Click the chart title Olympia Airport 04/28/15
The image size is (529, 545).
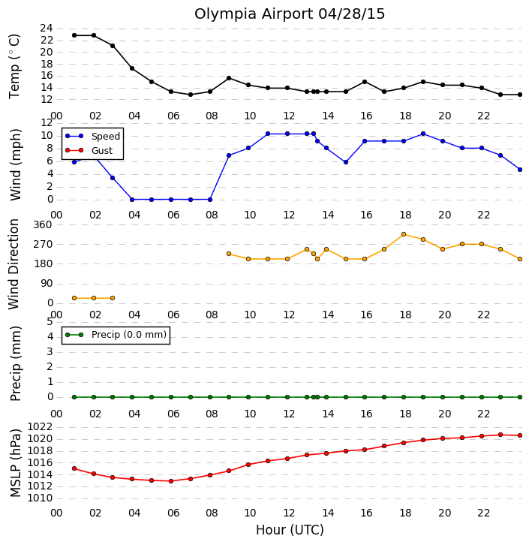[290, 14]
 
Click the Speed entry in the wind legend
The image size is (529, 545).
[106, 137]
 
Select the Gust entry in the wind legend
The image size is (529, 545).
[102, 150]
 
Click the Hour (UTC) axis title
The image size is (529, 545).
[290, 530]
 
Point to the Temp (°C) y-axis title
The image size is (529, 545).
[14, 66]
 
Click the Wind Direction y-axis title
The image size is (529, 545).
[14, 264]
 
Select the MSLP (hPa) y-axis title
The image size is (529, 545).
[16, 463]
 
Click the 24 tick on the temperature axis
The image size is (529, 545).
[47, 29]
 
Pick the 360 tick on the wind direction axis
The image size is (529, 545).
[42, 224]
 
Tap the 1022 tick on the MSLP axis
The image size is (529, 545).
[40, 427]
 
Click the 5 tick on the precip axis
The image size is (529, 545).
[50, 321]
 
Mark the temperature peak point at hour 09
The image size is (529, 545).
[229, 78]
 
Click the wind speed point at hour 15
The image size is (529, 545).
[346, 162]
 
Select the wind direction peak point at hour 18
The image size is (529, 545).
[403, 234]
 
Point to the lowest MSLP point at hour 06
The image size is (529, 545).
[171, 481]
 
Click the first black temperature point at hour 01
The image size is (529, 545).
[74, 35]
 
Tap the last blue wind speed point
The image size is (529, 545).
[520, 170]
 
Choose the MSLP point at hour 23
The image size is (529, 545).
[500, 435]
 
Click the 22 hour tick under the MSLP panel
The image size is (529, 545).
[483, 513]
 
